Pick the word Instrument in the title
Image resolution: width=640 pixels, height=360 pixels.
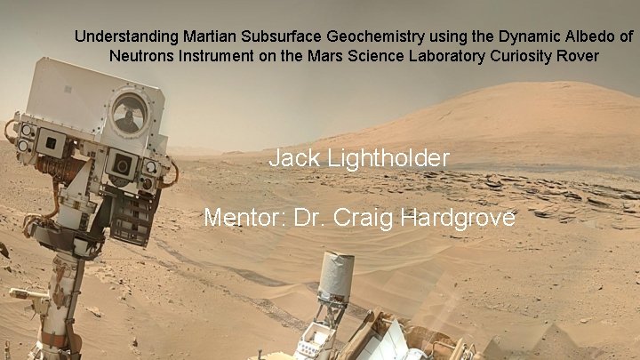point(211,55)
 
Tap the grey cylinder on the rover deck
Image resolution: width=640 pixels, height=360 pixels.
point(337,276)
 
